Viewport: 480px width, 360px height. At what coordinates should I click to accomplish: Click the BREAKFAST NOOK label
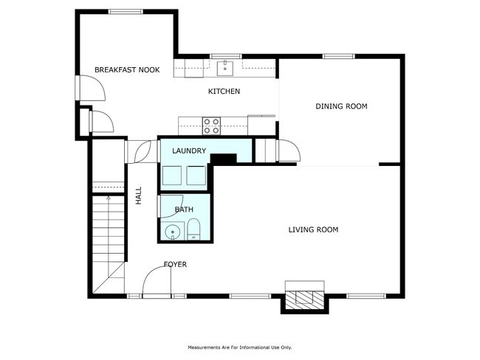pos(127,70)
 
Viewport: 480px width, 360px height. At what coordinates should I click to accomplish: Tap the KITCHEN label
pos(224,91)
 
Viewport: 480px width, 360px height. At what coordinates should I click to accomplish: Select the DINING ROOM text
pos(341,106)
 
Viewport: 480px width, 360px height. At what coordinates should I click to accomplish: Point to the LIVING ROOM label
pos(313,229)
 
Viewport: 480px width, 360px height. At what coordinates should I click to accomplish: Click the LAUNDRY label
pos(189,150)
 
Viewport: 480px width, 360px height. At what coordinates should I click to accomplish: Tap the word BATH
pos(184,210)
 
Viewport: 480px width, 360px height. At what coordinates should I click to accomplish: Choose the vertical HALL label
pos(139,195)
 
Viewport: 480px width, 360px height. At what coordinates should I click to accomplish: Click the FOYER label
pos(175,264)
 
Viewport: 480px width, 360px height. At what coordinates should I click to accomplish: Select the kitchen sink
pos(225,68)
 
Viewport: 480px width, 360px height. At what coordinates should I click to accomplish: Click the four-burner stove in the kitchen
pos(211,125)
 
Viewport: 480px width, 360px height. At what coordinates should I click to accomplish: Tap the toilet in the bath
pos(193,229)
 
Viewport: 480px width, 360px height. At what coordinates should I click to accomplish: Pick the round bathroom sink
pos(173,232)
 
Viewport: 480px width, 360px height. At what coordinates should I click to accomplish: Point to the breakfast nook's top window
pos(126,12)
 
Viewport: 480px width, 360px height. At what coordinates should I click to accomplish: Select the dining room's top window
pos(338,56)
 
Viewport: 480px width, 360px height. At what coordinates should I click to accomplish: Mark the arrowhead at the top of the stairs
pos(109,198)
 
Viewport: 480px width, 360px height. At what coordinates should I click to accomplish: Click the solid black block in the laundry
pos(224,159)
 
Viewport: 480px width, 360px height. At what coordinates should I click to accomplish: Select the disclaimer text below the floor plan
pos(240,347)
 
